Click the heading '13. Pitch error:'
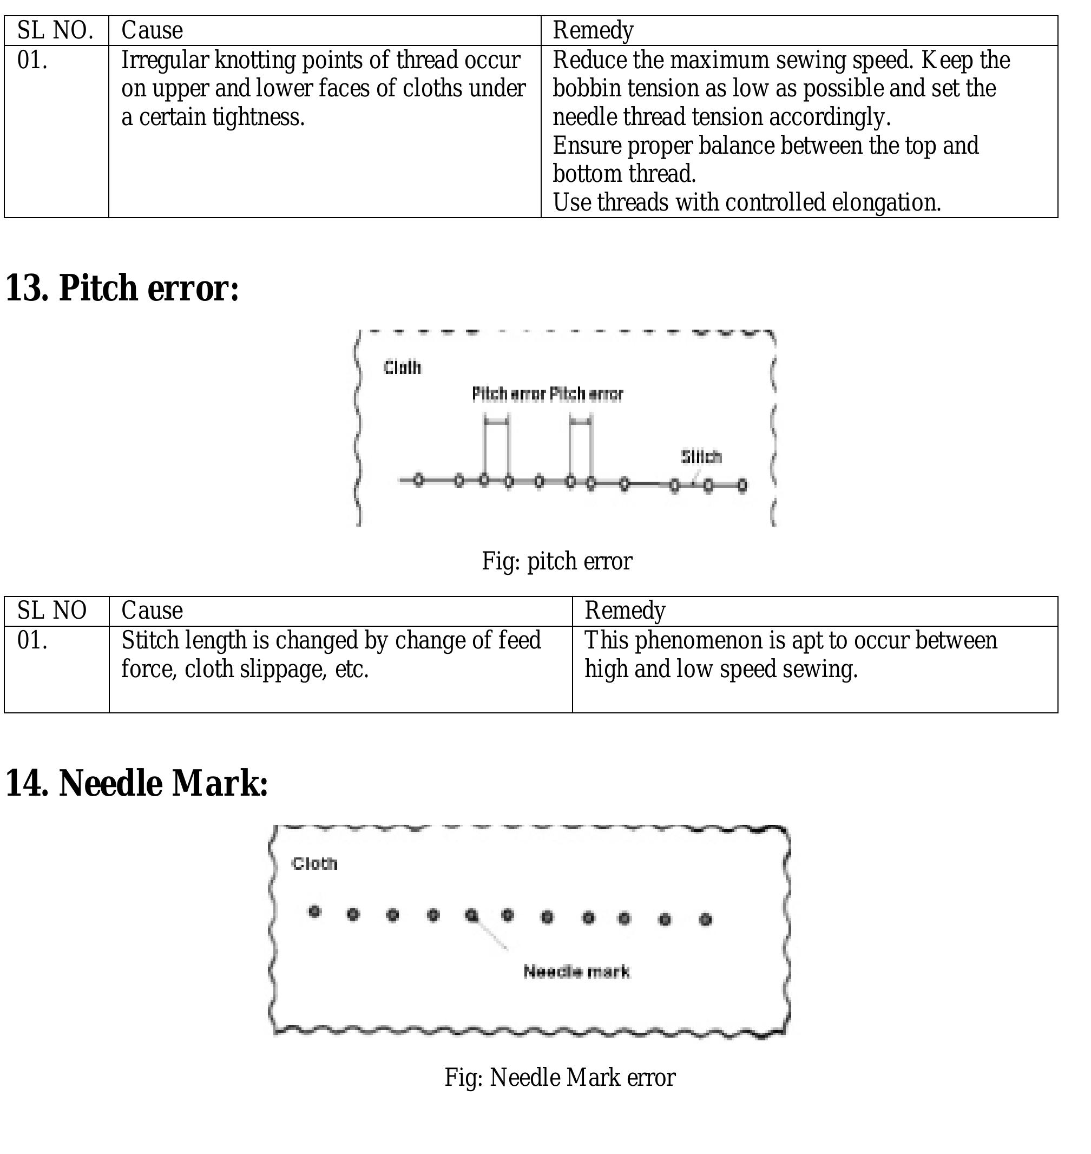pyautogui.click(x=122, y=288)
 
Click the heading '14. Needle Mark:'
pyautogui.click(x=137, y=783)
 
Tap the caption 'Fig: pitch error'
pyautogui.click(x=556, y=561)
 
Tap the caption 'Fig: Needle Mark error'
pyautogui.click(x=560, y=1077)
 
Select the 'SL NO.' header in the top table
pyautogui.click(x=55, y=30)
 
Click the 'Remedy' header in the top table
pyautogui.click(x=593, y=30)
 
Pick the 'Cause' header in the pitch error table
pyautogui.click(x=152, y=611)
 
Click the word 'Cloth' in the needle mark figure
pyautogui.click(x=314, y=864)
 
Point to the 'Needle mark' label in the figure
pyautogui.click(x=576, y=972)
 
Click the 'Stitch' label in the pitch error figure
pyautogui.click(x=701, y=457)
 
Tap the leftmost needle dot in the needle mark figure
pyautogui.click(x=314, y=912)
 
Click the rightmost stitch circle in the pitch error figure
pyautogui.click(x=742, y=485)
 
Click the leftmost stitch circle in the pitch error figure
pyautogui.click(x=419, y=481)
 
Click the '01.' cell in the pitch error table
pyautogui.click(x=32, y=640)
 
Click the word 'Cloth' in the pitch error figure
pyautogui.click(x=402, y=368)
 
